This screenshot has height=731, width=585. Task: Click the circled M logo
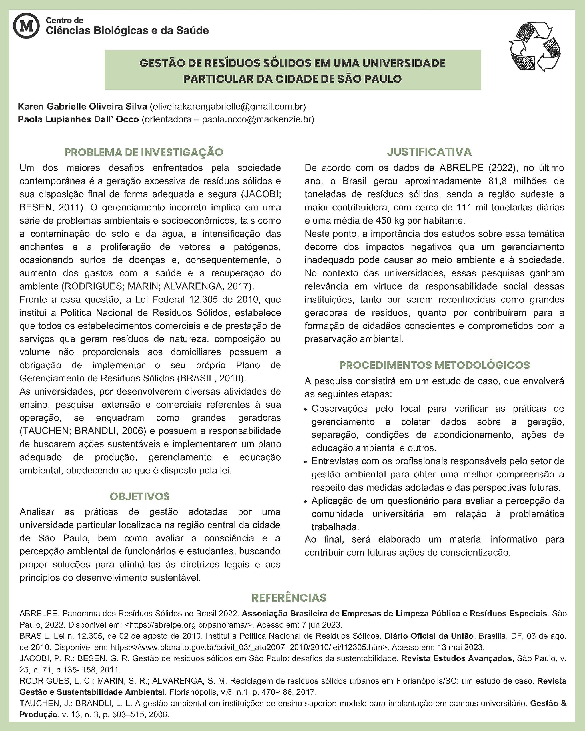click(x=26, y=26)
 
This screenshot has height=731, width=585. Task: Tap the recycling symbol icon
click(x=535, y=47)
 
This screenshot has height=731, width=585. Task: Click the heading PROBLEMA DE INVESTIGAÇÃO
click(x=143, y=152)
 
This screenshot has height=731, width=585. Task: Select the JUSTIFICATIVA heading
click(x=429, y=152)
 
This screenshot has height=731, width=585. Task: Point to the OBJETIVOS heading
click(x=139, y=496)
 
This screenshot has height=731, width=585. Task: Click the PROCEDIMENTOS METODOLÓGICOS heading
click(x=434, y=365)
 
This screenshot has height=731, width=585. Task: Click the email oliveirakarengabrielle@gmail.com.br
click(x=228, y=107)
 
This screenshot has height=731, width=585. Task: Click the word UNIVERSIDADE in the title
click(x=404, y=63)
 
